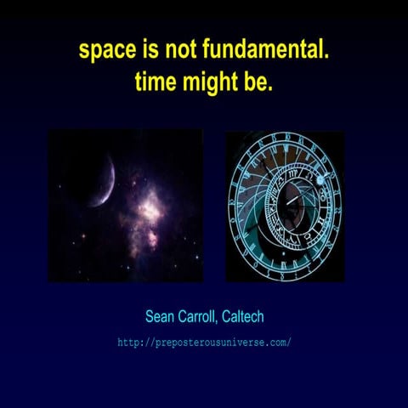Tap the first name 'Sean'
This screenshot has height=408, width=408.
(x=159, y=317)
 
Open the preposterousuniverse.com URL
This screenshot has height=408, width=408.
(x=205, y=343)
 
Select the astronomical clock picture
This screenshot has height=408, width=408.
(x=285, y=207)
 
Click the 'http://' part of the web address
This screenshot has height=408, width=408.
(x=134, y=343)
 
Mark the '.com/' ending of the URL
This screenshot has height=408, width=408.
(x=279, y=343)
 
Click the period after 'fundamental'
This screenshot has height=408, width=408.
(x=326, y=56)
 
